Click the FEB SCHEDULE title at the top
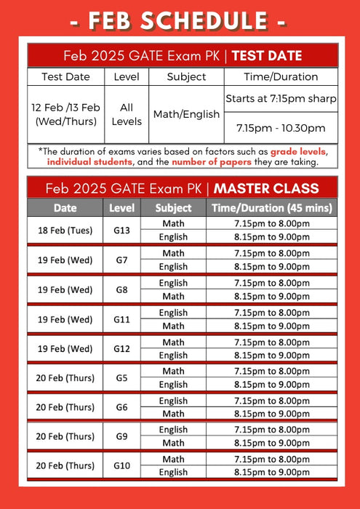coord(180,20)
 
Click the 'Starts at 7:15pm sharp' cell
coord(281,98)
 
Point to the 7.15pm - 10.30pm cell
coord(281,128)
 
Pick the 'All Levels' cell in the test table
coord(127,114)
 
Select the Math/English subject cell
coord(186,114)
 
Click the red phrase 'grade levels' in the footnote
coord(298,151)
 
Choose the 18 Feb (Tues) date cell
coord(65,230)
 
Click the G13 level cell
coord(121,230)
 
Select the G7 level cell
coord(121,260)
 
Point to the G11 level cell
coord(121,319)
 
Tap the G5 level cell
coord(121,378)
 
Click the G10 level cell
coord(121,466)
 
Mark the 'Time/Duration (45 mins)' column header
coord(271,208)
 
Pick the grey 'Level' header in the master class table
coord(121,208)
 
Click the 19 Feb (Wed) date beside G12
coord(65,348)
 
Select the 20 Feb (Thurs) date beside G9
coord(65,436)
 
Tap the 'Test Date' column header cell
coord(66,76)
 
